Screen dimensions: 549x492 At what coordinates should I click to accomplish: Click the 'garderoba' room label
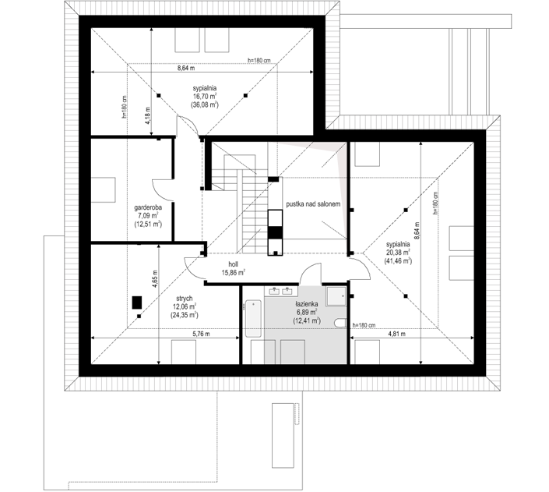tap(148, 207)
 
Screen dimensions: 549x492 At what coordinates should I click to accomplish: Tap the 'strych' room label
tap(184, 299)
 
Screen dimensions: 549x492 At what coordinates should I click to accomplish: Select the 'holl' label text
tap(233, 264)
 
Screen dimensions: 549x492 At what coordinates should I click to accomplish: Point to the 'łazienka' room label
tap(306, 304)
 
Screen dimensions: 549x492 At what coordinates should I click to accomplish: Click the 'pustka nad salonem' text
tap(313, 204)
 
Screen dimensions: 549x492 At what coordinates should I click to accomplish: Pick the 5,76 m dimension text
tap(202, 334)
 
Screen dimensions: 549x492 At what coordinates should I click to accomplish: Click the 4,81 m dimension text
tap(396, 334)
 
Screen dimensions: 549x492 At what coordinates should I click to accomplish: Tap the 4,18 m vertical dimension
tap(148, 115)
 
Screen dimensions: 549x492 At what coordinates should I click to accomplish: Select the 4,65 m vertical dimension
tap(155, 279)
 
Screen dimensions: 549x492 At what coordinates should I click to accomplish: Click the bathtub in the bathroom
tap(253, 318)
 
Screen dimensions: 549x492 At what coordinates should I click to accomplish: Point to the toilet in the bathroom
tap(340, 323)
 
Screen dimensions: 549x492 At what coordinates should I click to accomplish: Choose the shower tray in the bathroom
tap(336, 296)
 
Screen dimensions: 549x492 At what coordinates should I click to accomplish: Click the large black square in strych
tap(137, 303)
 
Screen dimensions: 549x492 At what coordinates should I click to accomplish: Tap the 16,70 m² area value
tap(205, 97)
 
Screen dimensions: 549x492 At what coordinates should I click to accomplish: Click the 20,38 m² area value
tap(398, 253)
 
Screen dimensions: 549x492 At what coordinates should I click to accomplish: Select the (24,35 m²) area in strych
tap(184, 315)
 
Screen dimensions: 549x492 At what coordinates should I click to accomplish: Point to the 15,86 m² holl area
tap(233, 272)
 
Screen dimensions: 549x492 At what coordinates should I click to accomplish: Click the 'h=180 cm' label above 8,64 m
tap(259, 60)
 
